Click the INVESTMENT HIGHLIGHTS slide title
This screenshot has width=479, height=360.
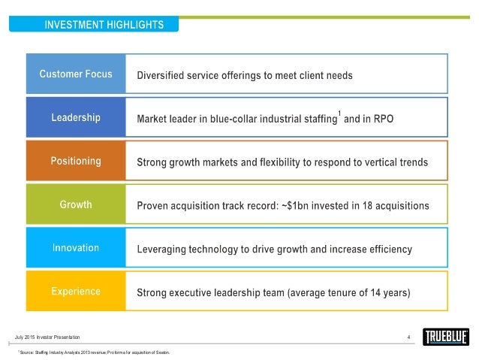[104, 25]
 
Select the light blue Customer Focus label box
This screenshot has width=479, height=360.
[76, 74]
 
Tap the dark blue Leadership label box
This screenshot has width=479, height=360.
[76, 117]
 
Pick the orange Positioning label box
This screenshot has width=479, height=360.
[76, 161]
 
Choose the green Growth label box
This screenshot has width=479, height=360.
[76, 204]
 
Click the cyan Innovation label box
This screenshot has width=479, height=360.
[76, 247]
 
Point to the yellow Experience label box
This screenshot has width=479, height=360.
[76, 291]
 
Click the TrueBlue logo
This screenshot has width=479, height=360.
[444, 337]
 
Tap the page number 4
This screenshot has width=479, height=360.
[408, 336]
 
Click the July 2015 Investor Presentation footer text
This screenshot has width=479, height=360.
[46, 336]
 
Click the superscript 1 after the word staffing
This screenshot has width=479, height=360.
[339, 113]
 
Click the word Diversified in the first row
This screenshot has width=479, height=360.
[161, 75]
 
